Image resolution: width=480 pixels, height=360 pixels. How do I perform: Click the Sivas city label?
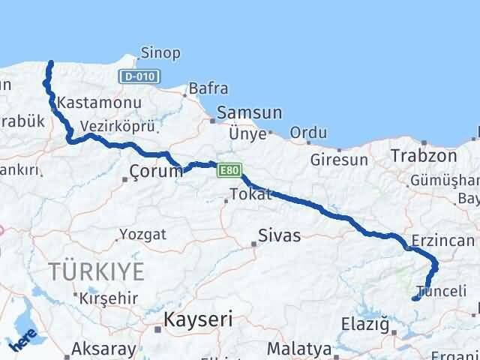(279, 236)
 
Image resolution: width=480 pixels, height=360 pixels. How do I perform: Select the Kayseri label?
(199, 319)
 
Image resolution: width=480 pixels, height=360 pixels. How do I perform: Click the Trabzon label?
(423, 157)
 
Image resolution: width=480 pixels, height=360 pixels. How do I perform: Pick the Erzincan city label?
(443, 241)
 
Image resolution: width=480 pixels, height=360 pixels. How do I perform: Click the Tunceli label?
(435, 290)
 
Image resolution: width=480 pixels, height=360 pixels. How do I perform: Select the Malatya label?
(299, 349)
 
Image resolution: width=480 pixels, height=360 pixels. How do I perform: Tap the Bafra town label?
(208, 88)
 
